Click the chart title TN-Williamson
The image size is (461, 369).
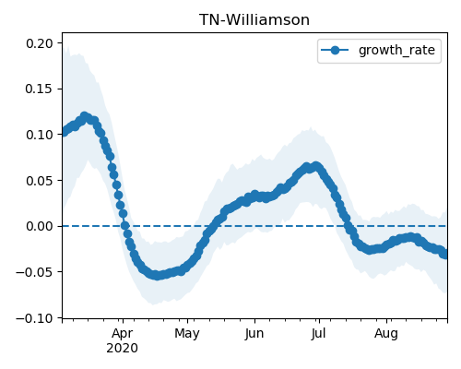click(x=254, y=20)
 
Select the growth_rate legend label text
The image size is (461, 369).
click(x=396, y=50)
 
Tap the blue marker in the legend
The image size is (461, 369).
click(x=335, y=50)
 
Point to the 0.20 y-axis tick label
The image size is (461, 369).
click(x=40, y=43)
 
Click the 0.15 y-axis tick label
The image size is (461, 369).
click(x=40, y=89)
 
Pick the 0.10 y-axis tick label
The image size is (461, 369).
click(x=40, y=135)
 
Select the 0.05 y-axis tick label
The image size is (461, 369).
click(x=40, y=181)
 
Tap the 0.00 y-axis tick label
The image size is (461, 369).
click(x=40, y=226)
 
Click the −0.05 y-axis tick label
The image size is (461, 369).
click(x=34, y=272)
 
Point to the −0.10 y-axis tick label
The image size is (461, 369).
click(x=34, y=318)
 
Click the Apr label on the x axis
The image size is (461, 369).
click(x=123, y=334)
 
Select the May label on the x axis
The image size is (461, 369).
click(x=187, y=334)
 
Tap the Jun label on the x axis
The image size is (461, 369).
click(x=254, y=334)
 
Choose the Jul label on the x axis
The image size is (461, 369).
click(x=319, y=334)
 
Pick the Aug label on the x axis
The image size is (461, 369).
click(x=386, y=334)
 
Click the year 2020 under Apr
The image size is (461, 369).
click(x=123, y=349)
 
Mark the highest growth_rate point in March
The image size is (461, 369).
click(x=84, y=116)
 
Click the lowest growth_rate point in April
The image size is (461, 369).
click(x=157, y=276)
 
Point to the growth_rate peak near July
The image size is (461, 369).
click(x=315, y=166)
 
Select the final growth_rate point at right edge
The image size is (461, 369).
click(x=445, y=255)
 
